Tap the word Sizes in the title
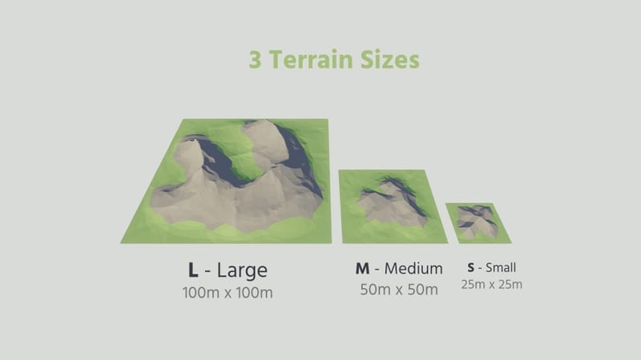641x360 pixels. coord(390,61)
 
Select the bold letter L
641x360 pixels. coord(193,269)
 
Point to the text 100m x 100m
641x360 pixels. coord(228,293)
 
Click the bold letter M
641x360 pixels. coord(362,268)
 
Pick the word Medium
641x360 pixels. coord(413,268)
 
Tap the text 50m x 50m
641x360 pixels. coord(399,290)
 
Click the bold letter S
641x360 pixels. coord(471,267)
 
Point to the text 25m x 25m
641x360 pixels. coord(491,284)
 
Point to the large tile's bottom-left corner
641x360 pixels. coord(122,242)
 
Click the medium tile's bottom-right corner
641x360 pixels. coord(447,242)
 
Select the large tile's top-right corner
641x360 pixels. coord(329,120)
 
